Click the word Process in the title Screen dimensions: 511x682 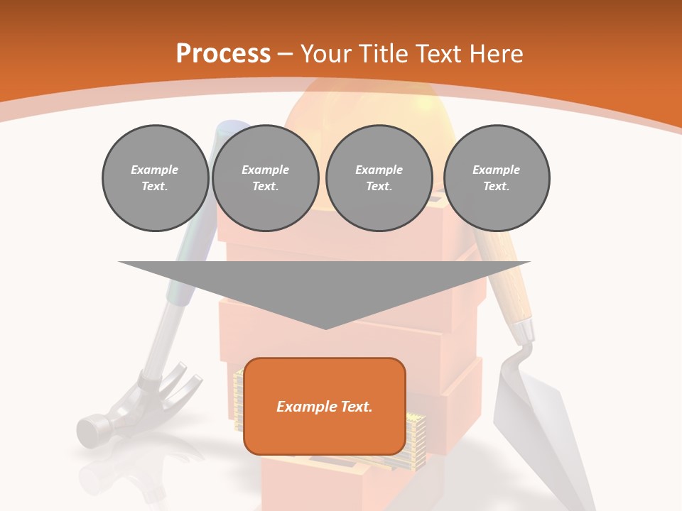coord(223,54)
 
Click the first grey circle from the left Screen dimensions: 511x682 coord(155,178)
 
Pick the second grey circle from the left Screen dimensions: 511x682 coord(265,178)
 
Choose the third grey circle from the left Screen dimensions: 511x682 coord(379,178)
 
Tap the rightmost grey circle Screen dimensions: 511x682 coord(496,178)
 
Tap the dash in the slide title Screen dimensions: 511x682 coord(285,54)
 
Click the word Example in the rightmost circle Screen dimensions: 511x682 coord(496,170)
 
